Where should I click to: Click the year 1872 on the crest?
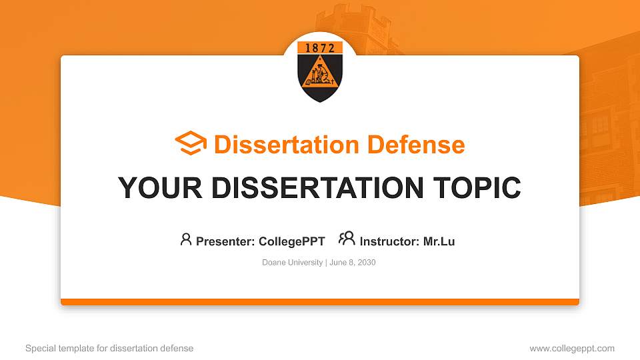tap(320, 48)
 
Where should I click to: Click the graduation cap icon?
tap(191, 144)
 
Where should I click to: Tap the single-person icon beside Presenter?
tap(186, 240)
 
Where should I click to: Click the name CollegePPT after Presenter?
tap(291, 241)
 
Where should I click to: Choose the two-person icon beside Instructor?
tap(347, 239)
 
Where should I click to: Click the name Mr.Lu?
tap(439, 241)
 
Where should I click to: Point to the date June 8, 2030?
tap(353, 263)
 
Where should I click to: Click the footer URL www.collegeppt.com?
tap(571, 348)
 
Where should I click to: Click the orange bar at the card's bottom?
tap(320, 302)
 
